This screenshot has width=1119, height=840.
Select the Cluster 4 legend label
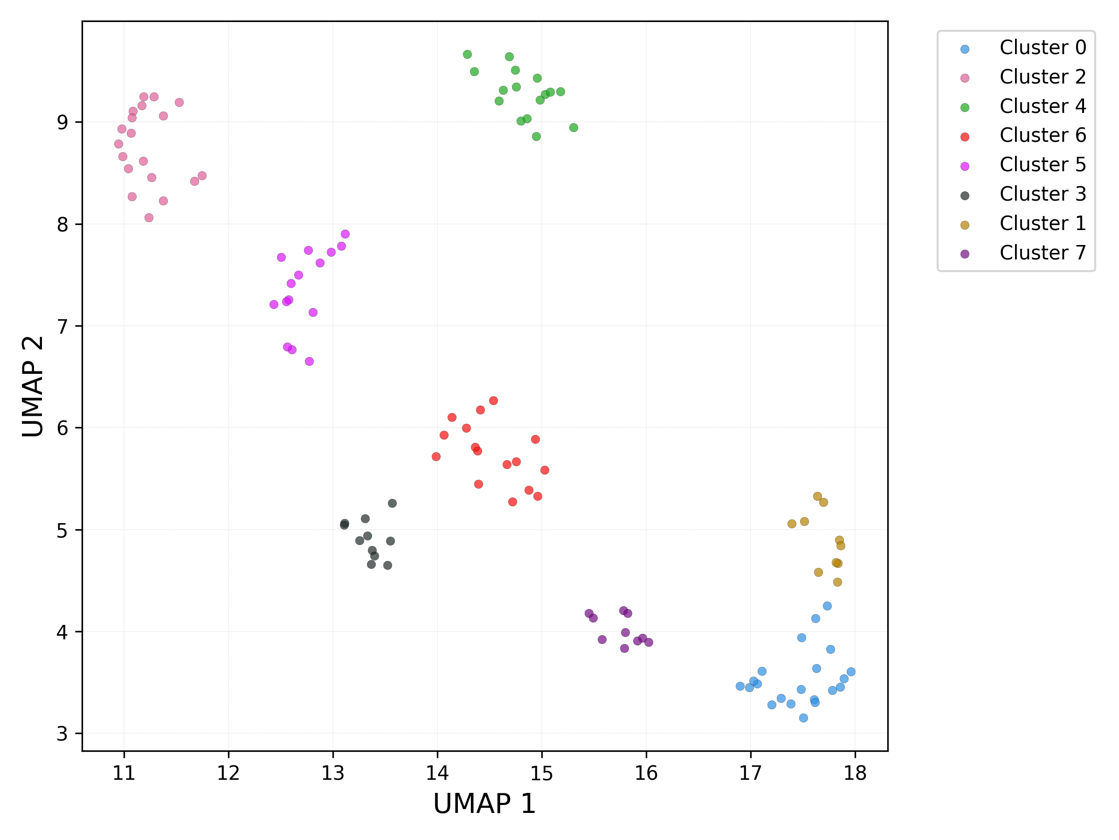click(1043, 106)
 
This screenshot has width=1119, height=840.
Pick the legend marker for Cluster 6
click(965, 137)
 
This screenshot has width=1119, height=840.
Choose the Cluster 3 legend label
click(1043, 194)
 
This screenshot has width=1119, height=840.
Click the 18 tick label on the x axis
click(855, 773)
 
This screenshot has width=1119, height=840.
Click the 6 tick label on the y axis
click(62, 428)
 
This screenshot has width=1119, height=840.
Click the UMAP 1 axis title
click(484, 804)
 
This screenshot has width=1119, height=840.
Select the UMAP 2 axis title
click(33, 386)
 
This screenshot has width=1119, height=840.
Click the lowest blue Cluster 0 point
click(803, 718)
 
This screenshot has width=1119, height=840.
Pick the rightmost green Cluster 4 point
click(573, 127)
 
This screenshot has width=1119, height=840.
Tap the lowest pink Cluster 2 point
click(149, 218)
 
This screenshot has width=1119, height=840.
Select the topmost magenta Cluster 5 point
click(345, 234)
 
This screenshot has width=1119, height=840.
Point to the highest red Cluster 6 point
click(493, 400)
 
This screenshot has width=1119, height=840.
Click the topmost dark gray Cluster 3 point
click(392, 503)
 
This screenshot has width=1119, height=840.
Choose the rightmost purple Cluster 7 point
click(649, 643)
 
